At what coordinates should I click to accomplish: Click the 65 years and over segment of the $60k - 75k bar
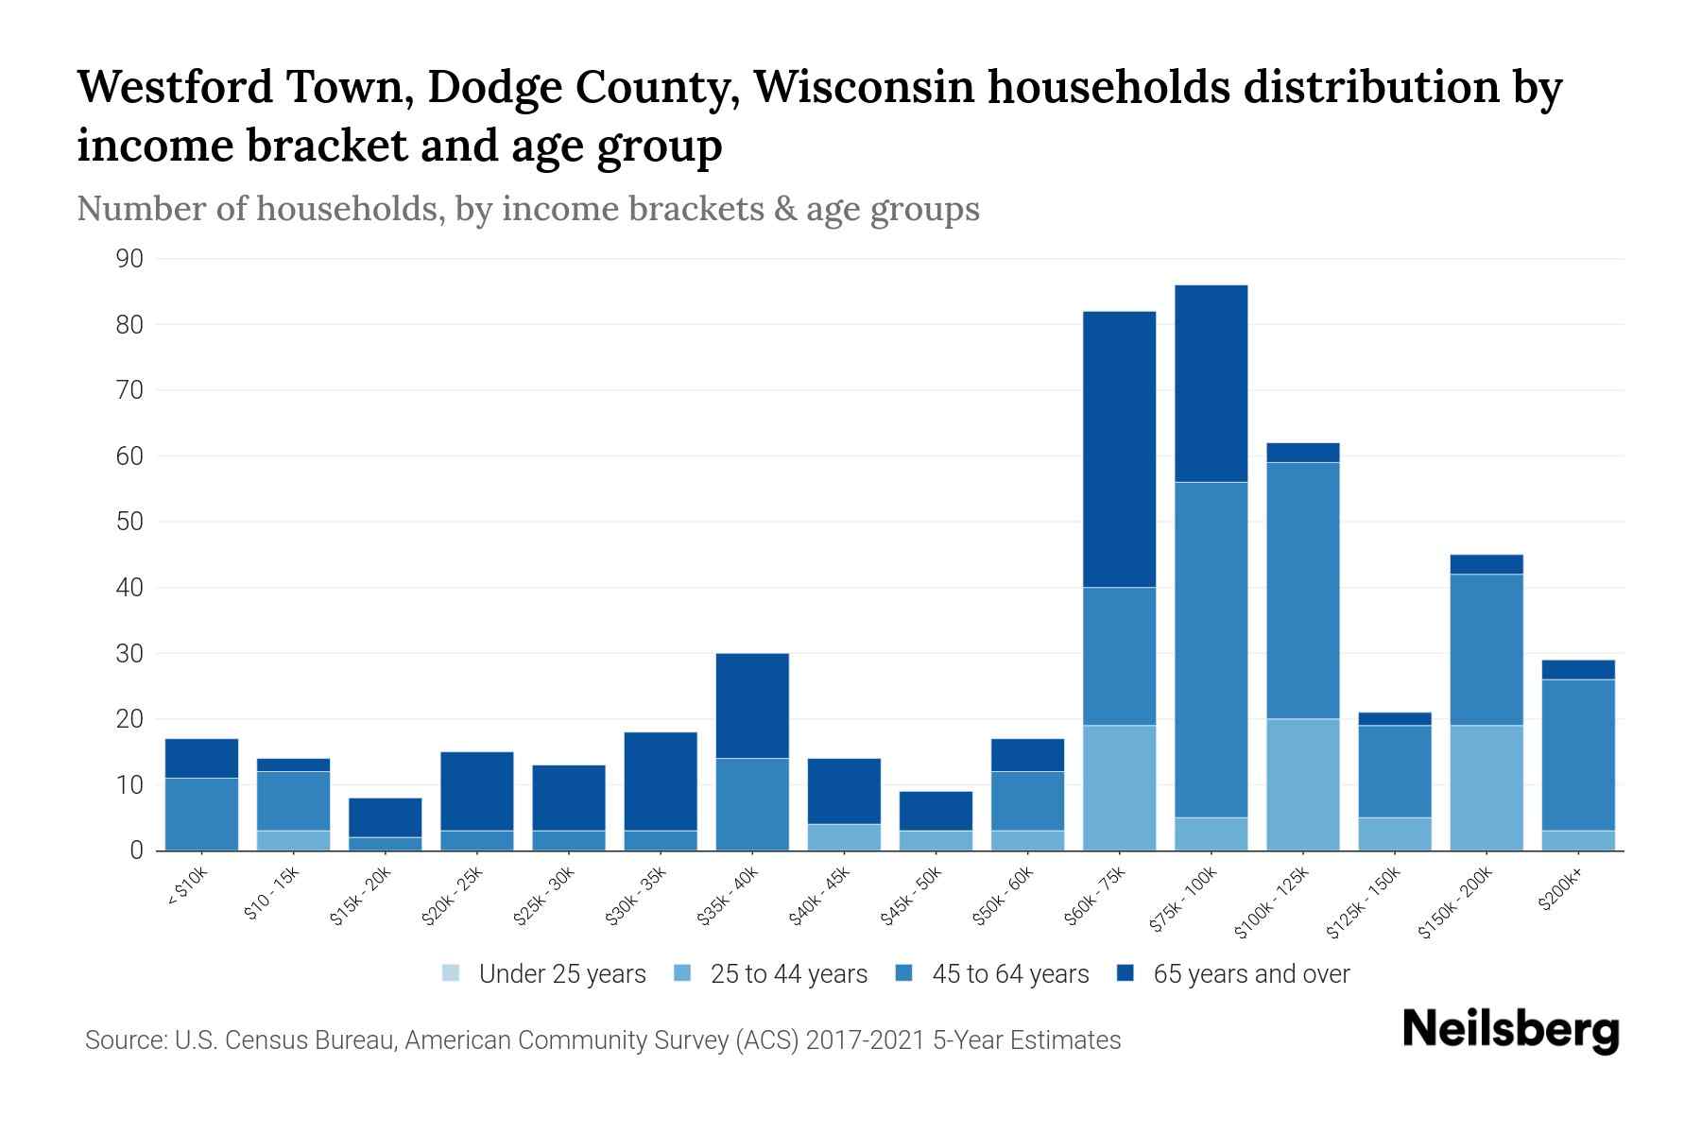click(x=1119, y=449)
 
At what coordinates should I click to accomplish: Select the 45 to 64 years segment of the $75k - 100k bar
click(x=1211, y=650)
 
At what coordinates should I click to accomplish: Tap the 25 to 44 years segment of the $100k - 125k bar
click(x=1302, y=784)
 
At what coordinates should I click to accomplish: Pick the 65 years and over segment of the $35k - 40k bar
click(x=752, y=706)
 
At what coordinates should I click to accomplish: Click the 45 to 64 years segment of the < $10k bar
click(x=201, y=814)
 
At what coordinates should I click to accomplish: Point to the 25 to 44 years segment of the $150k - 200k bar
click(x=1486, y=788)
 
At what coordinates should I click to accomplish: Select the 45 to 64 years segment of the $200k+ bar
click(x=1578, y=755)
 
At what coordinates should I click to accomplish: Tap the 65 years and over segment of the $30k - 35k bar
click(x=661, y=782)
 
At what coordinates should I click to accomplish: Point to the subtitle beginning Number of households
click(x=527, y=209)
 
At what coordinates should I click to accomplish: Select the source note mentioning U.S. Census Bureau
click(x=603, y=1040)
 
